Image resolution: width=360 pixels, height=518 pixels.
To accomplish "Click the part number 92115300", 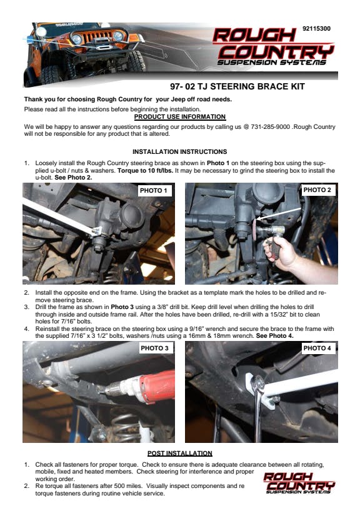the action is (316, 29).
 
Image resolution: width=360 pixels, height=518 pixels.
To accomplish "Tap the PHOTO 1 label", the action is (153, 191).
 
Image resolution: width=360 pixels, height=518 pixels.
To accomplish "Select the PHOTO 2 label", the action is (317, 190).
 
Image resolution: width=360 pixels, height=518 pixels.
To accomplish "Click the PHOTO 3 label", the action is (154, 348).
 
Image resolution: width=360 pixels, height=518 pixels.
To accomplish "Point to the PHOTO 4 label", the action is (317, 348).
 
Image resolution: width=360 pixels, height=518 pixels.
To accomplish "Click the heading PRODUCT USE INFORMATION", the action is (180, 117).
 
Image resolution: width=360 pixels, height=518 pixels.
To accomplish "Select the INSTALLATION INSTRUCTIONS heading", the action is (180, 152).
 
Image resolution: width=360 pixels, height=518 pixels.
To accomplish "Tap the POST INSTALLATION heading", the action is (180, 454).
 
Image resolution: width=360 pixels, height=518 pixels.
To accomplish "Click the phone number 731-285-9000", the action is (270, 127).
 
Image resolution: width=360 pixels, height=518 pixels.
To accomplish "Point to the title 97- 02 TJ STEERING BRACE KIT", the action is (237, 86).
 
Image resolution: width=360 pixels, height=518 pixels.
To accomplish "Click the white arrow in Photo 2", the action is (279, 214).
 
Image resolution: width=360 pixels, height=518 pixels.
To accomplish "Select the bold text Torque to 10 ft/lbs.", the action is (145, 170).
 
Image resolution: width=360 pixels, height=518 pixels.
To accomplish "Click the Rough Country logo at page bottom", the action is (299, 483).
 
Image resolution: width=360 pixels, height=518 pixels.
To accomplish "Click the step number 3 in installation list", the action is (26, 307).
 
